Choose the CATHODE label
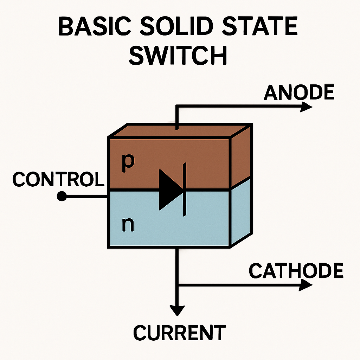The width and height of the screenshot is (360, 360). coord(296,271)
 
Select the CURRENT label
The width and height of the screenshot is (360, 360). coord(179,332)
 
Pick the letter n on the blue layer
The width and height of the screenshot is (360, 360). coord(128,225)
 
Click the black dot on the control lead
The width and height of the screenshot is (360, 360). coord(62,197)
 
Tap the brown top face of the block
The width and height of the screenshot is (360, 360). coord(179,131)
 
